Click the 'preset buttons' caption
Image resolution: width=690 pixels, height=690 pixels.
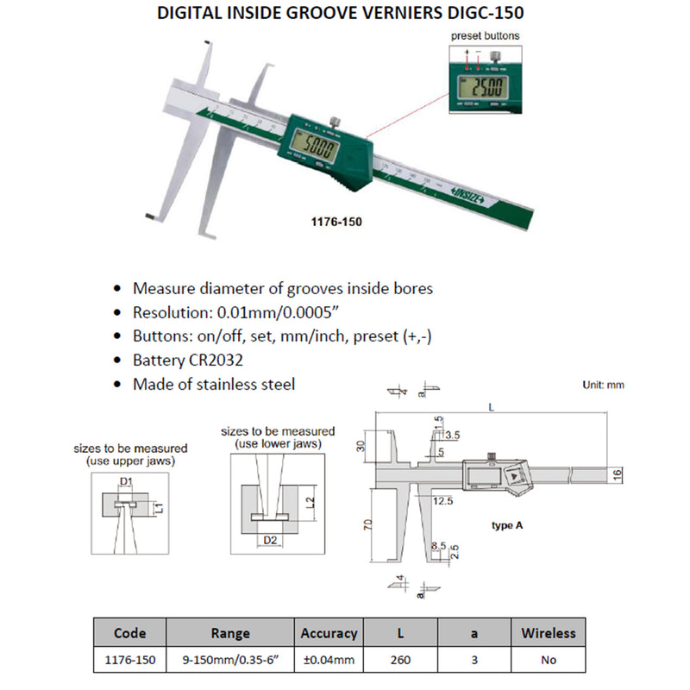pos(486,36)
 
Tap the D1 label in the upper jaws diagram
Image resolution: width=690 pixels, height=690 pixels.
pos(126,480)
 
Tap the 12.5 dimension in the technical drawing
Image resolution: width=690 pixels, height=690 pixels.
pos(444,500)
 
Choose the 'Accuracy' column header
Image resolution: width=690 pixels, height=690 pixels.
pos(329,633)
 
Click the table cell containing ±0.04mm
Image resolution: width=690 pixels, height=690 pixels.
pos(329,660)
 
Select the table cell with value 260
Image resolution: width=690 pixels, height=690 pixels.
pos(401,660)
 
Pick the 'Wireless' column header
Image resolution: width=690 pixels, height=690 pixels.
pos(548,633)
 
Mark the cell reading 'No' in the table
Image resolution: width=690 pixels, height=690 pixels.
pos(548,660)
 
